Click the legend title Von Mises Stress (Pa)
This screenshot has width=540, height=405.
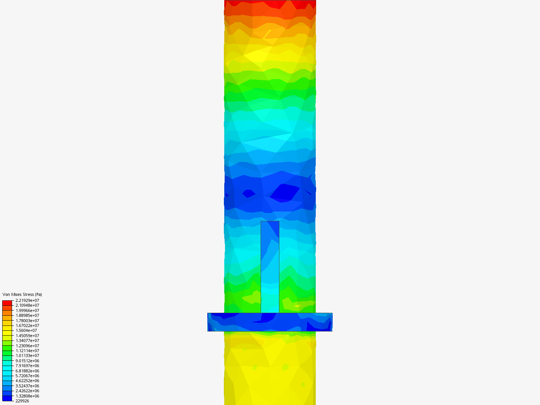[22, 294]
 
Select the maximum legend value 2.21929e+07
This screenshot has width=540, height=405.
[27, 300]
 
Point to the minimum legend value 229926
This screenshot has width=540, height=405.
[22, 401]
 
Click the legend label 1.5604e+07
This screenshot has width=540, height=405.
[26, 330]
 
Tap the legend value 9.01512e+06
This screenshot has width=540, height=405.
[27, 361]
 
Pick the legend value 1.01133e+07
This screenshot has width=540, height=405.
[27, 355]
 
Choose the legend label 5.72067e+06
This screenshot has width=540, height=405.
[27, 376]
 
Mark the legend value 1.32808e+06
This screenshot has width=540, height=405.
[27, 396]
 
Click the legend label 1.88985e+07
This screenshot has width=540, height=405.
[27, 315]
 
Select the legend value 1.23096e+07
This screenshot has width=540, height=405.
[27, 346]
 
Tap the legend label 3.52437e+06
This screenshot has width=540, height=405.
[27, 386]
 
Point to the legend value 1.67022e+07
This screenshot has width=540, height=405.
[27, 325]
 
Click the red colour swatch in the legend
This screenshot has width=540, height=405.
[7, 303]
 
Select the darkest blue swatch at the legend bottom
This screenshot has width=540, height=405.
[7, 398]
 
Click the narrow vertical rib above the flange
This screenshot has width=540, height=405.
[270, 266]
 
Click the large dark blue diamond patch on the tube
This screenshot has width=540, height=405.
[285, 192]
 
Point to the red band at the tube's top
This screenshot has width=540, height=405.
[270, 4]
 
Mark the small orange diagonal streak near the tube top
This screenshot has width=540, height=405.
[267, 34]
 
